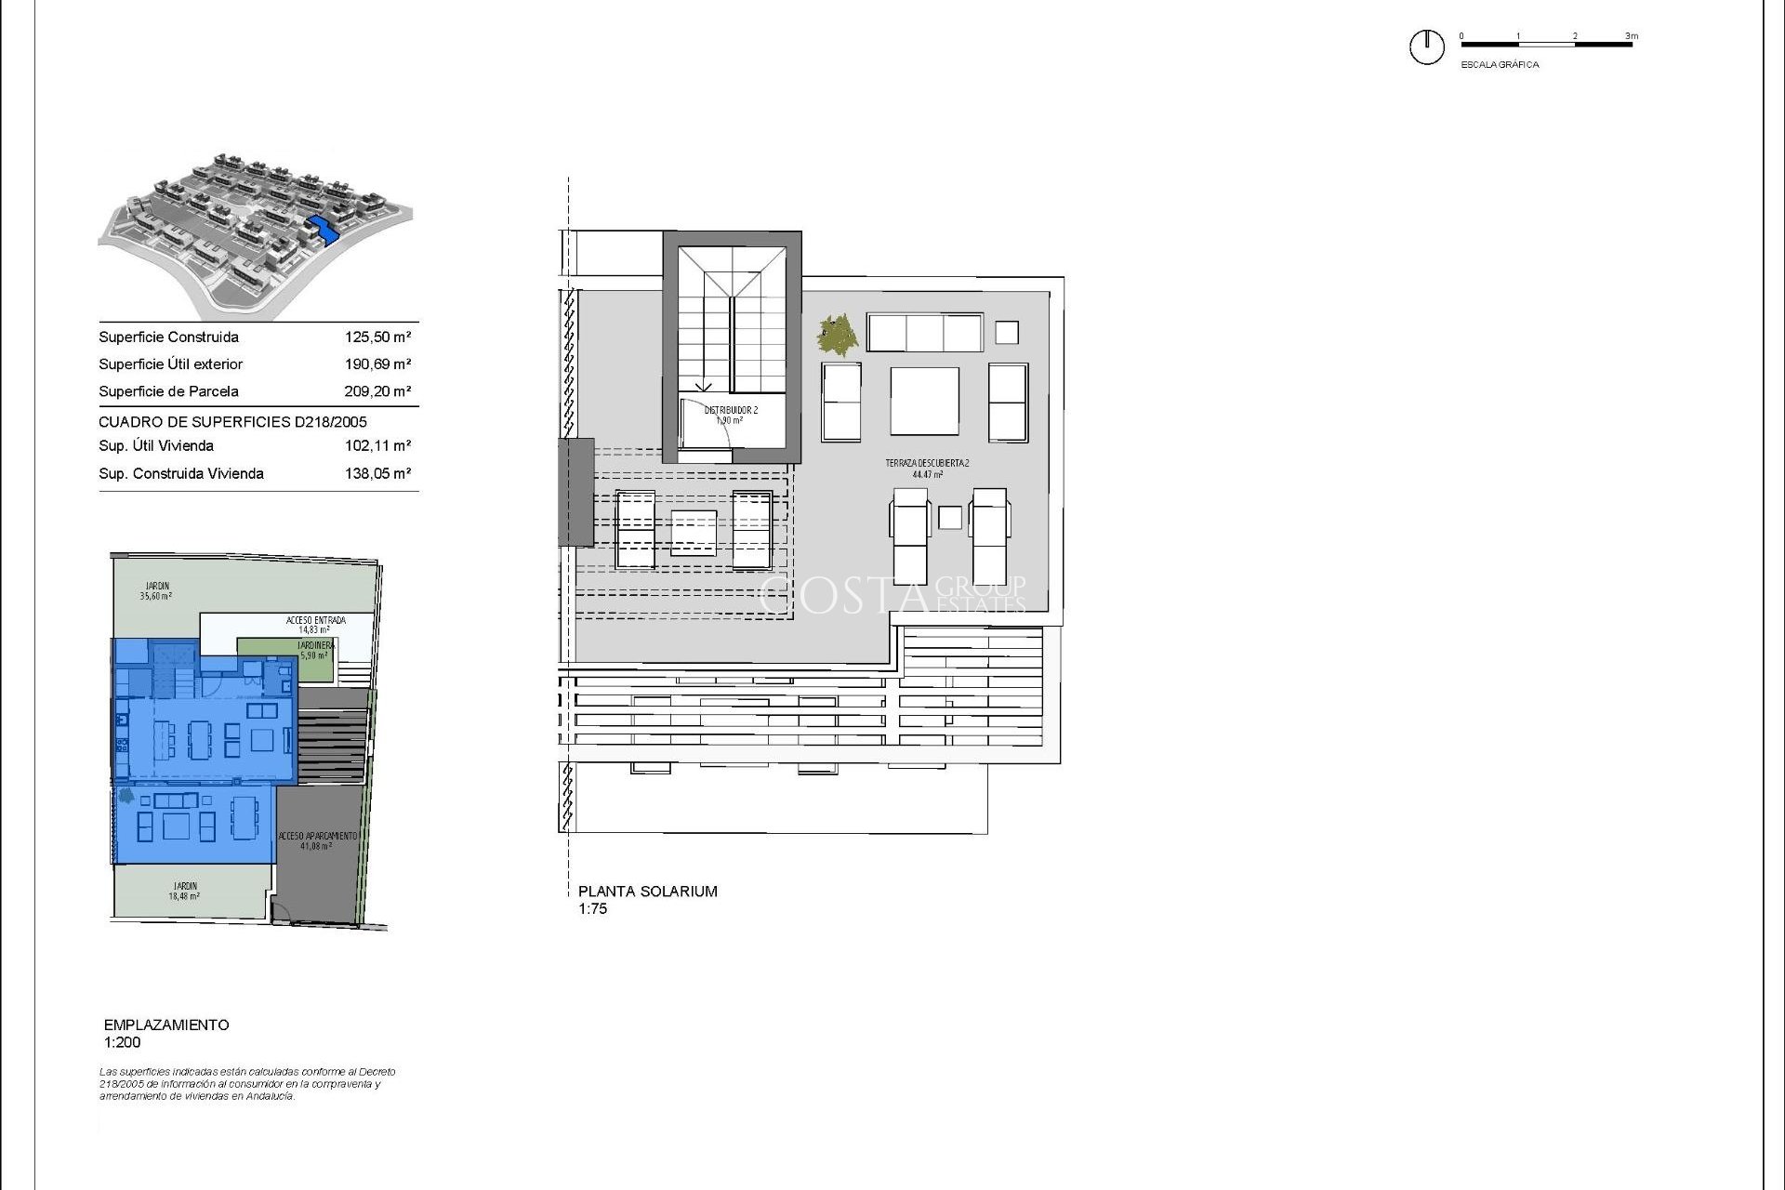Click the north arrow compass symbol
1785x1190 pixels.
pyautogui.click(x=1426, y=46)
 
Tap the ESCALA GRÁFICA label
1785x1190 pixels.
pyautogui.click(x=1500, y=65)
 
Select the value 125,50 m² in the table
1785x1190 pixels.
pyautogui.click(x=377, y=337)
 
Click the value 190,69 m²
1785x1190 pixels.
pyautogui.click(x=377, y=364)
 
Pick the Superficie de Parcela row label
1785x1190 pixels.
pyautogui.click(x=168, y=391)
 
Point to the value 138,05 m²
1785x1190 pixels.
pyautogui.click(x=377, y=473)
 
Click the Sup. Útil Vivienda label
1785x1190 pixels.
pyautogui.click(x=156, y=446)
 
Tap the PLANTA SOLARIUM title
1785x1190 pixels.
pyautogui.click(x=647, y=892)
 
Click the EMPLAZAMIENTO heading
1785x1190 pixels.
pyautogui.click(x=166, y=1025)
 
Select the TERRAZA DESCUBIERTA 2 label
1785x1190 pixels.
pyautogui.click(x=927, y=463)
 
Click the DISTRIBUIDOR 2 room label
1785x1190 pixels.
pyautogui.click(x=731, y=410)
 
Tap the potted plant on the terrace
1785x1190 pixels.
pyautogui.click(x=838, y=335)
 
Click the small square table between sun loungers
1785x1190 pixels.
pyautogui.click(x=949, y=517)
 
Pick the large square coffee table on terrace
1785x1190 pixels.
pyautogui.click(x=924, y=401)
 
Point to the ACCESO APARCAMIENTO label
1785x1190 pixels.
pyautogui.click(x=317, y=837)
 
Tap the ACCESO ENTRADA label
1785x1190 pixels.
pyautogui.click(x=315, y=620)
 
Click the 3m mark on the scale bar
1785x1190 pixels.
pyautogui.click(x=1632, y=37)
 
